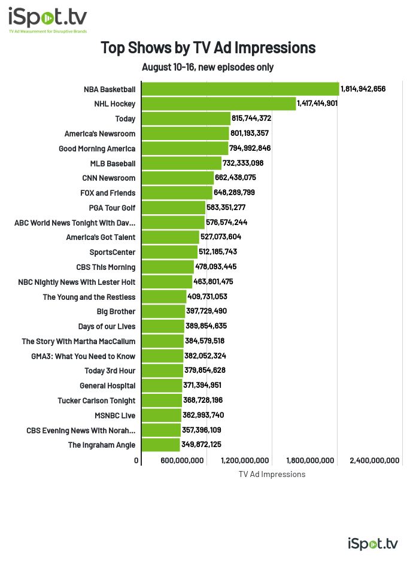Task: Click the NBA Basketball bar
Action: (240, 89)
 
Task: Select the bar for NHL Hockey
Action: (218, 104)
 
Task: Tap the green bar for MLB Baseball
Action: (181, 163)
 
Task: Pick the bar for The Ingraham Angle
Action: (160, 445)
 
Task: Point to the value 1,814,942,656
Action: (363, 89)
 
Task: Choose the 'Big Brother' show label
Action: (116, 311)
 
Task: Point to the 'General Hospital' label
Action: (108, 385)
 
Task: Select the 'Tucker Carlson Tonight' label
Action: (96, 400)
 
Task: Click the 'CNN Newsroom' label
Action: (109, 178)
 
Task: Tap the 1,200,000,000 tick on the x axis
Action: (245, 460)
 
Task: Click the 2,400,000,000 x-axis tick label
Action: (375, 460)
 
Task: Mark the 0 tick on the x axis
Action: (137, 460)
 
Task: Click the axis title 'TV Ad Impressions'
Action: (272, 474)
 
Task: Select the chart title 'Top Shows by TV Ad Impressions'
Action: (208, 47)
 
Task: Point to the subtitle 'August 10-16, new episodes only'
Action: (208, 67)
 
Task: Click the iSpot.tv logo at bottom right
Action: (372, 543)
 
